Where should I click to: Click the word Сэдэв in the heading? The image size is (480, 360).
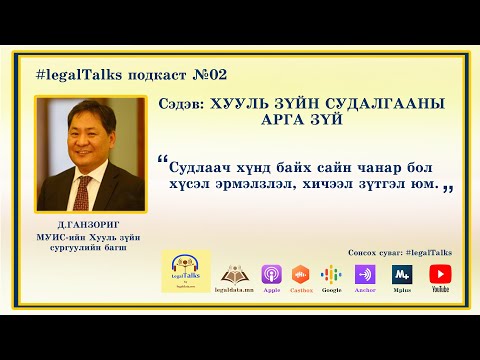click(x=183, y=103)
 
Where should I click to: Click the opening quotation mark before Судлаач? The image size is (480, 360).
click(x=162, y=163)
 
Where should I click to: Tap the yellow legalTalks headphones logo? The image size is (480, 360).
click(x=184, y=272)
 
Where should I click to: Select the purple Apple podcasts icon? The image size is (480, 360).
click(x=271, y=273)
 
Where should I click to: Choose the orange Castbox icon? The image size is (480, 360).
click(x=299, y=273)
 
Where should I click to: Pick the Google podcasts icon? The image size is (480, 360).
click(x=332, y=273)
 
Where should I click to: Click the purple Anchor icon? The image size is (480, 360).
click(x=365, y=273)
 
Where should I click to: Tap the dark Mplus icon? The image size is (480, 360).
click(x=402, y=273)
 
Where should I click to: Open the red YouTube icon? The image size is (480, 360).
click(x=439, y=273)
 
